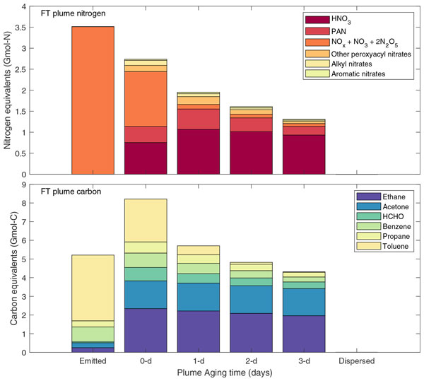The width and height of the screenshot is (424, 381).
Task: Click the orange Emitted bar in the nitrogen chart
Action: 93,100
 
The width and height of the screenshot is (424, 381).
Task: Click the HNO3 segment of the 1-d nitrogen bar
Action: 199,151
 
